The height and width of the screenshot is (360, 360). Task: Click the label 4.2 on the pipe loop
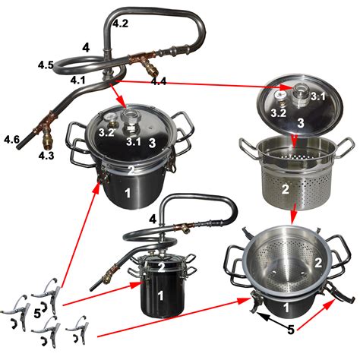click(x=121, y=24)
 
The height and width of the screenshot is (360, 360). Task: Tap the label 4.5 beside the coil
click(x=46, y=65)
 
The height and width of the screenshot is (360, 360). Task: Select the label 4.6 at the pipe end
click(x=11, y=139)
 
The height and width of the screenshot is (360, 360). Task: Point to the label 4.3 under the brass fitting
click(x=46, y=156)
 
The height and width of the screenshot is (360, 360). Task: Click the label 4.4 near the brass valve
click(x=159, y=81)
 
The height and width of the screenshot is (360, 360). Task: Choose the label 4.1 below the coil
click(x=78, y=81)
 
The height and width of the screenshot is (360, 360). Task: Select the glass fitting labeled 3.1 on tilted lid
click(x=302, y=94)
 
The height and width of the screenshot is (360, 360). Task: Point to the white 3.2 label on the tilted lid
click(x=279, y=113)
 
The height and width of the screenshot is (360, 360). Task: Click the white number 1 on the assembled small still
click(x=160, y=296)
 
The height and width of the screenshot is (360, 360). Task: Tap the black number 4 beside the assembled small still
click(x=153, y=219)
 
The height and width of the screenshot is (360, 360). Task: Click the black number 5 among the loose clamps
click(x=37, y=314)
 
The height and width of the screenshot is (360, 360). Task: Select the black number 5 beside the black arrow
click(x=291, y=330)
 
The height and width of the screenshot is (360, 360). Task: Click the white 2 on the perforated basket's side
click(x=286, y=189)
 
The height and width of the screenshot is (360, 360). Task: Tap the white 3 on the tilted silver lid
click(x=301, y=123)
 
